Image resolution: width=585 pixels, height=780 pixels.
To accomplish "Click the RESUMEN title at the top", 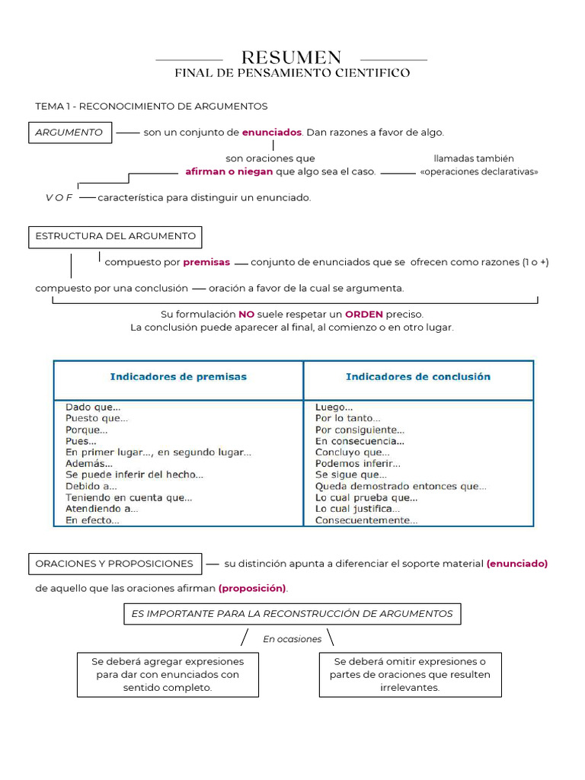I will point(291,58).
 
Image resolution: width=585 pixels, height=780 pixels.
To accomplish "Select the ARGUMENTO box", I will point(70,133).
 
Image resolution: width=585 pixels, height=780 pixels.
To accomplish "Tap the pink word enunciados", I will point(272,133).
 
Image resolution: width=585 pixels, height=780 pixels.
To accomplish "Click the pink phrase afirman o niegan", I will point(229,172).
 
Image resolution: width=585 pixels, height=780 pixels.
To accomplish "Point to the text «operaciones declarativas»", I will point(478,172).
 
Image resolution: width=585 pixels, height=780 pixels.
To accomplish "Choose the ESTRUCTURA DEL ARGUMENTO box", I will point(115,236).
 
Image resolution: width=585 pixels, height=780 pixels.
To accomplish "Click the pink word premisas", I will point(206,262).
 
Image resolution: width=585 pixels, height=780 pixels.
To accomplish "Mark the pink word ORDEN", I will point(364,314).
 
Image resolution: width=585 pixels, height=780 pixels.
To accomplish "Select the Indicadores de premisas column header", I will point(178,377).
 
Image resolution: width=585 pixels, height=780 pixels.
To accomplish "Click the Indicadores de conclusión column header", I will point(418,377).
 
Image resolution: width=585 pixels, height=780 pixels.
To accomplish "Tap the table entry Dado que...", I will point(93,407).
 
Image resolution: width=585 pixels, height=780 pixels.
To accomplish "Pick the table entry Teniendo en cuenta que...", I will point(129,497).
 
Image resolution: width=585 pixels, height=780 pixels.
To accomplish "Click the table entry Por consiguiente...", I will point(360,430).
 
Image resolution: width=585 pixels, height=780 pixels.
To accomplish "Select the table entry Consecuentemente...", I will point(366,520).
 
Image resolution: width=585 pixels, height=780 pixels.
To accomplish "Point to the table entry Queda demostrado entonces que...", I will point(401,486).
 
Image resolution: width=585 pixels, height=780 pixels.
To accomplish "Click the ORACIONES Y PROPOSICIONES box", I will point(115,564).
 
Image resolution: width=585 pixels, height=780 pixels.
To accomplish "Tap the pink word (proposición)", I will point(253,588).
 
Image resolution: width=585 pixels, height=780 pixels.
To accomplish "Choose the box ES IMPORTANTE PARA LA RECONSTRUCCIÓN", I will point(292,614).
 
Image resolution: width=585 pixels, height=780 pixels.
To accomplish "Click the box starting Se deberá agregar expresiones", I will point(168,674).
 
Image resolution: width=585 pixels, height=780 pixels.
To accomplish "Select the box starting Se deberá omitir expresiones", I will point(410,674).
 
